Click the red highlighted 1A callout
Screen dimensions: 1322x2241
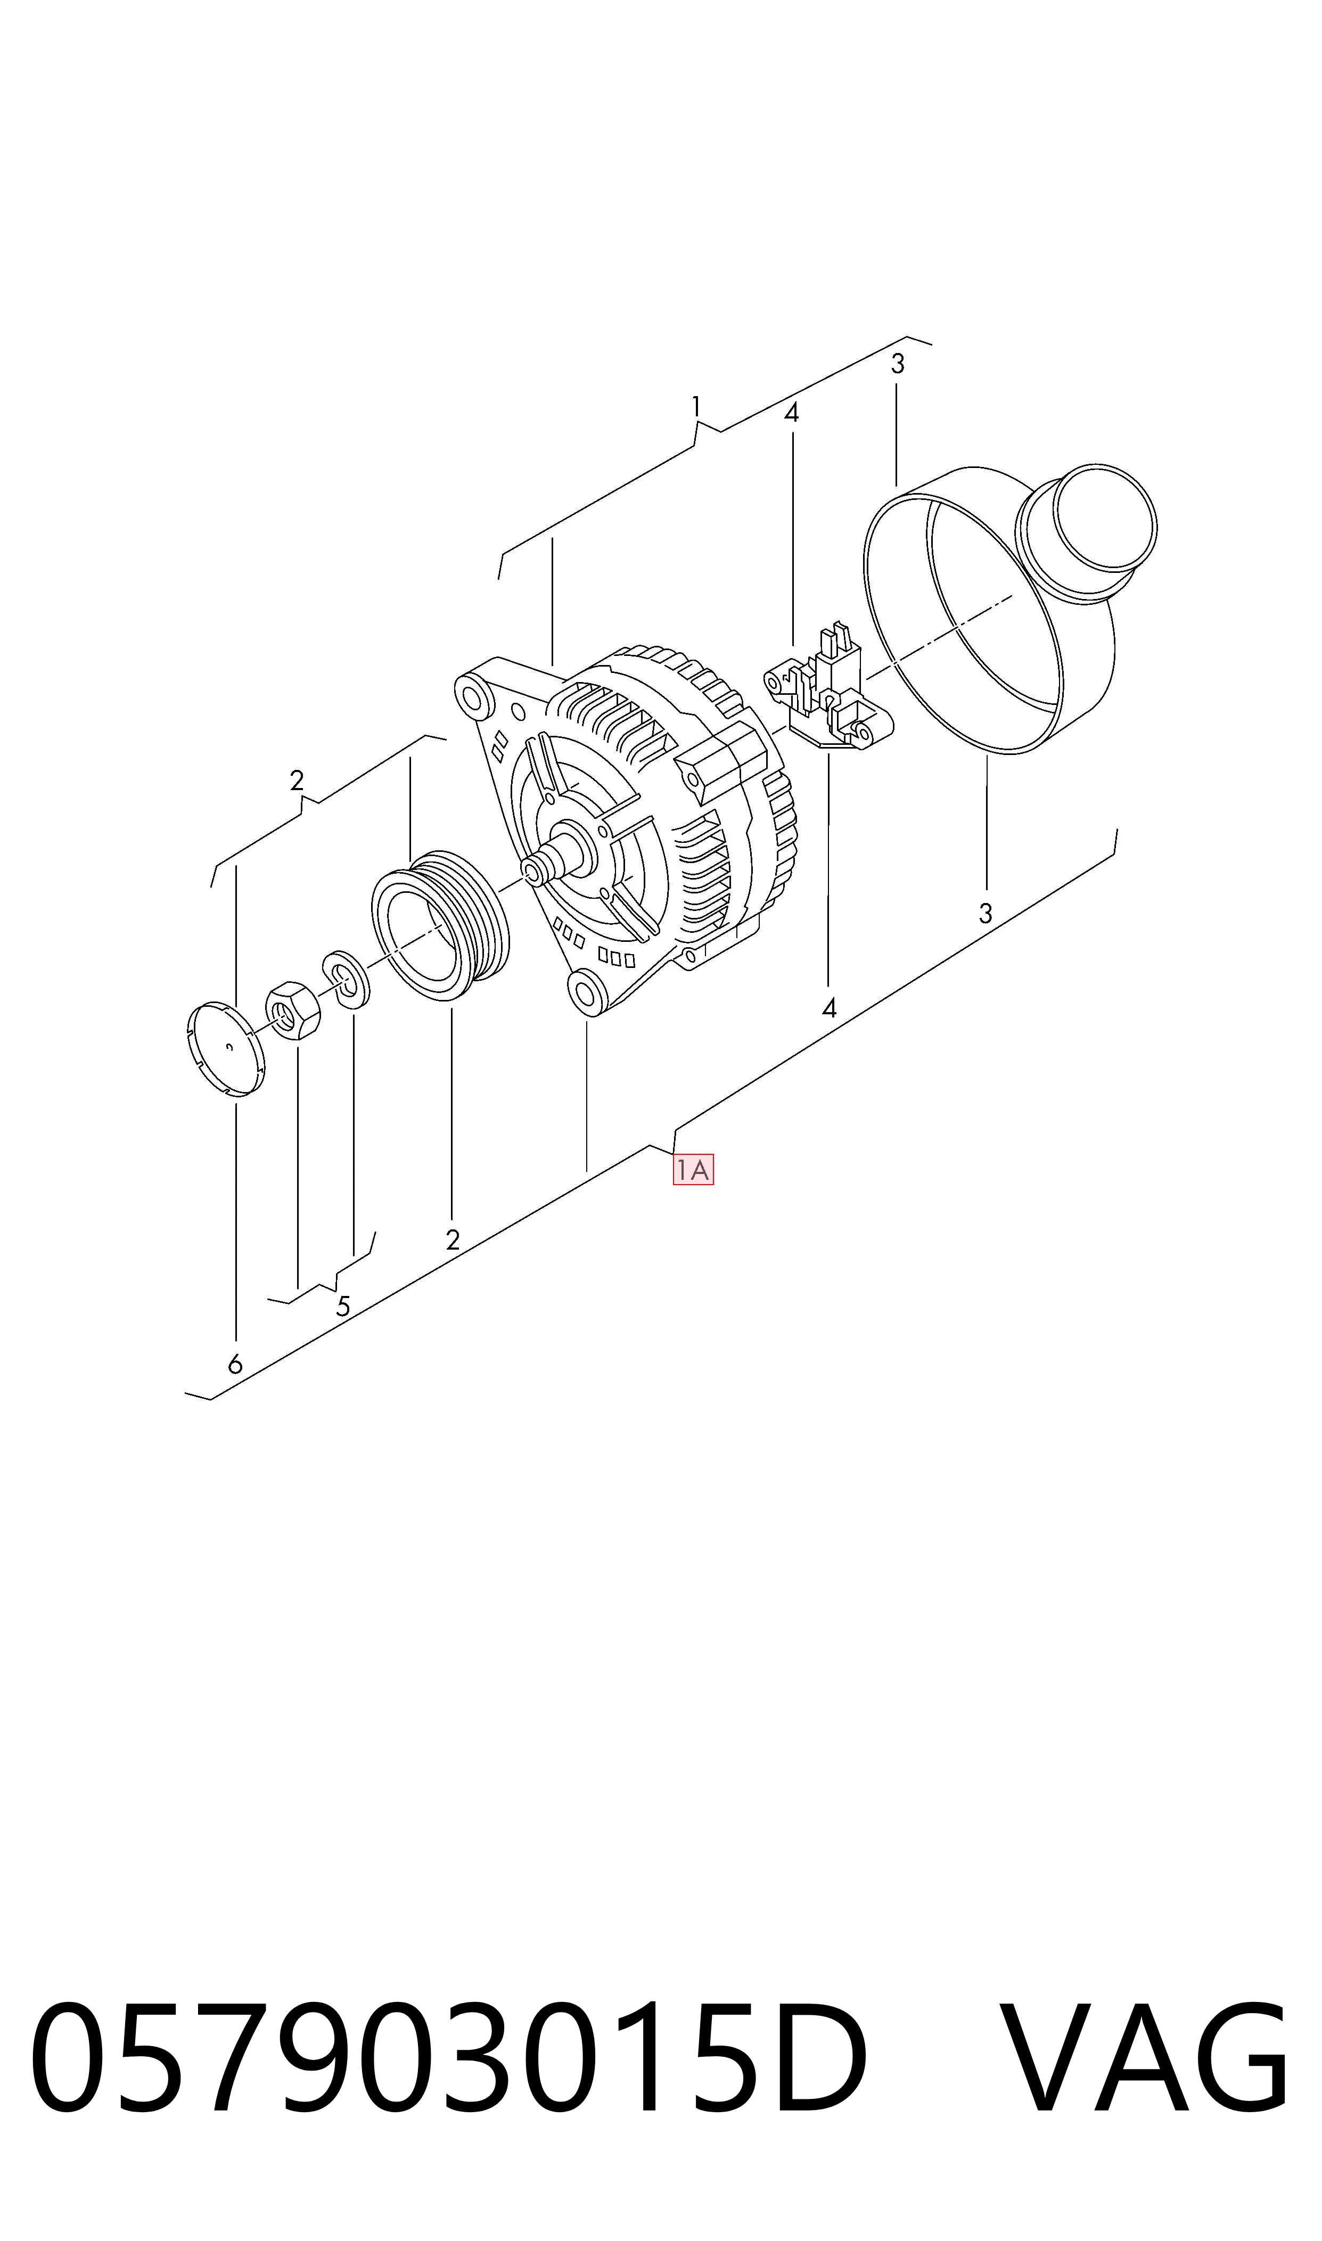693,1170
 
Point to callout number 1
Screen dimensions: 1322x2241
696,408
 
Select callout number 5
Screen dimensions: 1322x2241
343,1307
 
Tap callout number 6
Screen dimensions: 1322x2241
235,1365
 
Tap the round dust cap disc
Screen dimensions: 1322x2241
228,1048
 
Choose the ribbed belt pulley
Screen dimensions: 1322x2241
439,924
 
